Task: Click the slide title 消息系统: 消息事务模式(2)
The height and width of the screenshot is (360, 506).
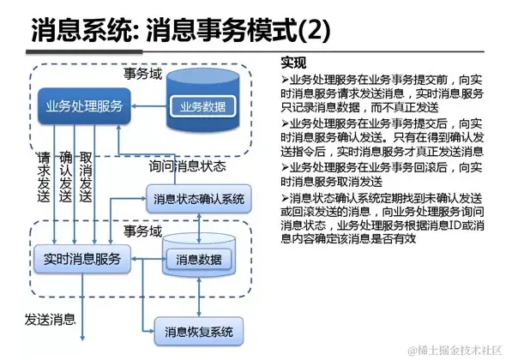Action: click(x=180, y=32)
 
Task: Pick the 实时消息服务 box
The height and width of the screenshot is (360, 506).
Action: click(x=82, y=257)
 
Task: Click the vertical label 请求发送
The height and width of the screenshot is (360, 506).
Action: click(x=45, y=178)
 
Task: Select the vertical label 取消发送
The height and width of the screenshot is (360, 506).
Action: click(x=85, y=178)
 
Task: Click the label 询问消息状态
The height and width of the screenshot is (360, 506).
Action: click(x=187, y=165)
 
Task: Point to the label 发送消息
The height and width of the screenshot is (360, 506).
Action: click(x=49, y=320)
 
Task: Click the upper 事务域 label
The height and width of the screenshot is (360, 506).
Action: click(x=142, y=74)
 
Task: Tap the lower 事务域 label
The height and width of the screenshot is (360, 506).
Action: click(x=142, y=231)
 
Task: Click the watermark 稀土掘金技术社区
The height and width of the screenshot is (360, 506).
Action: click(x=455, y=351)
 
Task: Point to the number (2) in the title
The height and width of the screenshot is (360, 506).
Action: click(x=312, y=32)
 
